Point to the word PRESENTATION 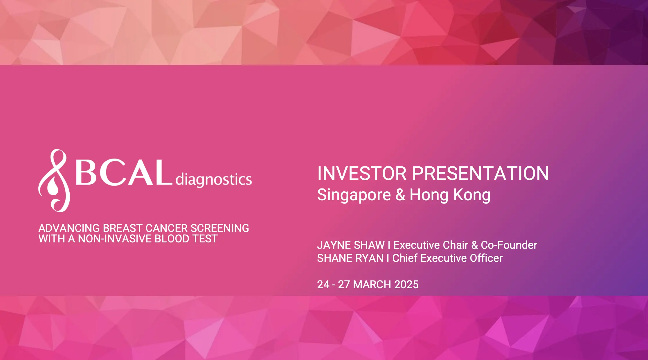coord(480,174)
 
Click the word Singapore coord(354,195)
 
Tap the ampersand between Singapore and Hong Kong coord(400,195)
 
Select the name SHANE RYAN coord(350,258)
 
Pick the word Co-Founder coord(509,245)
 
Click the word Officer coord(486,258)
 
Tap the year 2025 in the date coord(406,285)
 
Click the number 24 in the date coord(323,285)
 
